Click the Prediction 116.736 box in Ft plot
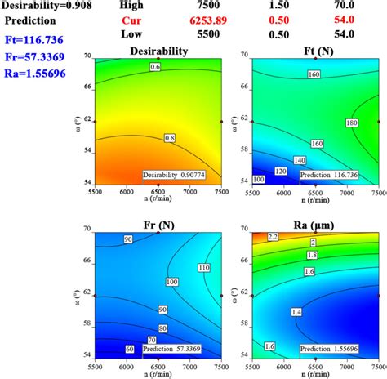[329, 175]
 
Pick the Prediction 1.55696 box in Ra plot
[329, 349]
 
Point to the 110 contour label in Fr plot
[203, 267]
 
